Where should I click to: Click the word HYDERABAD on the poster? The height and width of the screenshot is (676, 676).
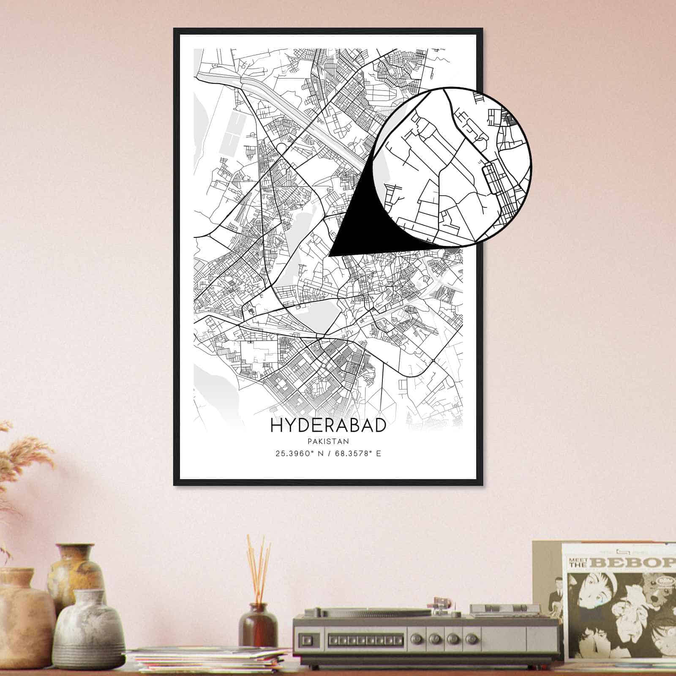[328, 425]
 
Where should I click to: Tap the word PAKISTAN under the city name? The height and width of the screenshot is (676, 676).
[328, 442]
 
